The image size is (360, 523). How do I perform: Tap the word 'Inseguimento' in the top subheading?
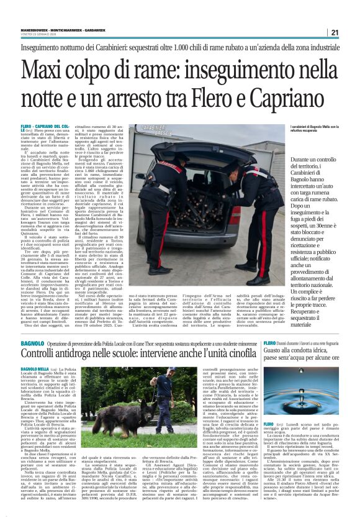[x=47, y=47]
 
